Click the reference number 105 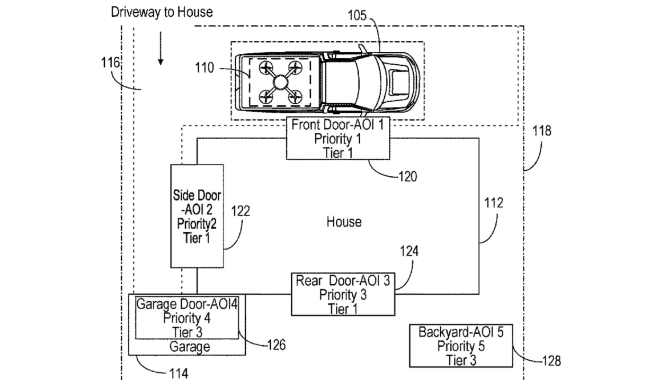pyautogui.click(x=357, y=14)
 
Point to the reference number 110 pyautogui.click(x=204, y=68)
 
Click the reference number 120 pyautogui.click(x=406, y=176)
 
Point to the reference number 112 pyautogui.click(x=493, y=203)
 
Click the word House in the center pyautogui.click(x=344, y=221)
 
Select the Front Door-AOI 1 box pyautogui.click(x=339, y=139)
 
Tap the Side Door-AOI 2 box pyautogui.click(x=197, y=215)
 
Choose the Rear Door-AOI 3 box pyautogui.click(x=343, y=294)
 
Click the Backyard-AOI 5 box pyautogui.click(x=461, y=346)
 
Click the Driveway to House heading pyautogui.click(x=162, y=12)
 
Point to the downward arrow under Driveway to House pyautogui.click(x=161, y=55)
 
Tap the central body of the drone pyautogui.click(x=279, y=82)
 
